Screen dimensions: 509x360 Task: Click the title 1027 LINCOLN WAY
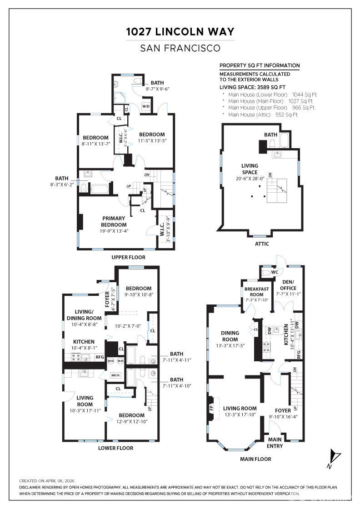click(180, 32)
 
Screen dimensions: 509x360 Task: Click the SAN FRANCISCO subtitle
click(180, 48)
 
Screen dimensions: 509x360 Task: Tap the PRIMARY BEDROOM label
click(114, 221)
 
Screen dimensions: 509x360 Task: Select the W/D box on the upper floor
click(146, 106)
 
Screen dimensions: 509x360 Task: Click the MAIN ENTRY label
click(275, 443)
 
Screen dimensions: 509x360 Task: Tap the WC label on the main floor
click(274, 273)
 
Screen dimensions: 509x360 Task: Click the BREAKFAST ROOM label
click(257, 292)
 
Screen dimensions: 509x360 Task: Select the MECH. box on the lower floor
click(115, 375)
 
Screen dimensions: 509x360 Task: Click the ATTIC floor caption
click(262, 244)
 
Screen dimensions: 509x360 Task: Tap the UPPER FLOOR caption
click(128, 257)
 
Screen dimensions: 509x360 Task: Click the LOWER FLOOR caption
click(116, 448)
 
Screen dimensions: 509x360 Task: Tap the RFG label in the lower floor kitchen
click(100, 357)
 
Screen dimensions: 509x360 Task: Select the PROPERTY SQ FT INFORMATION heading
click(260, 65)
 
